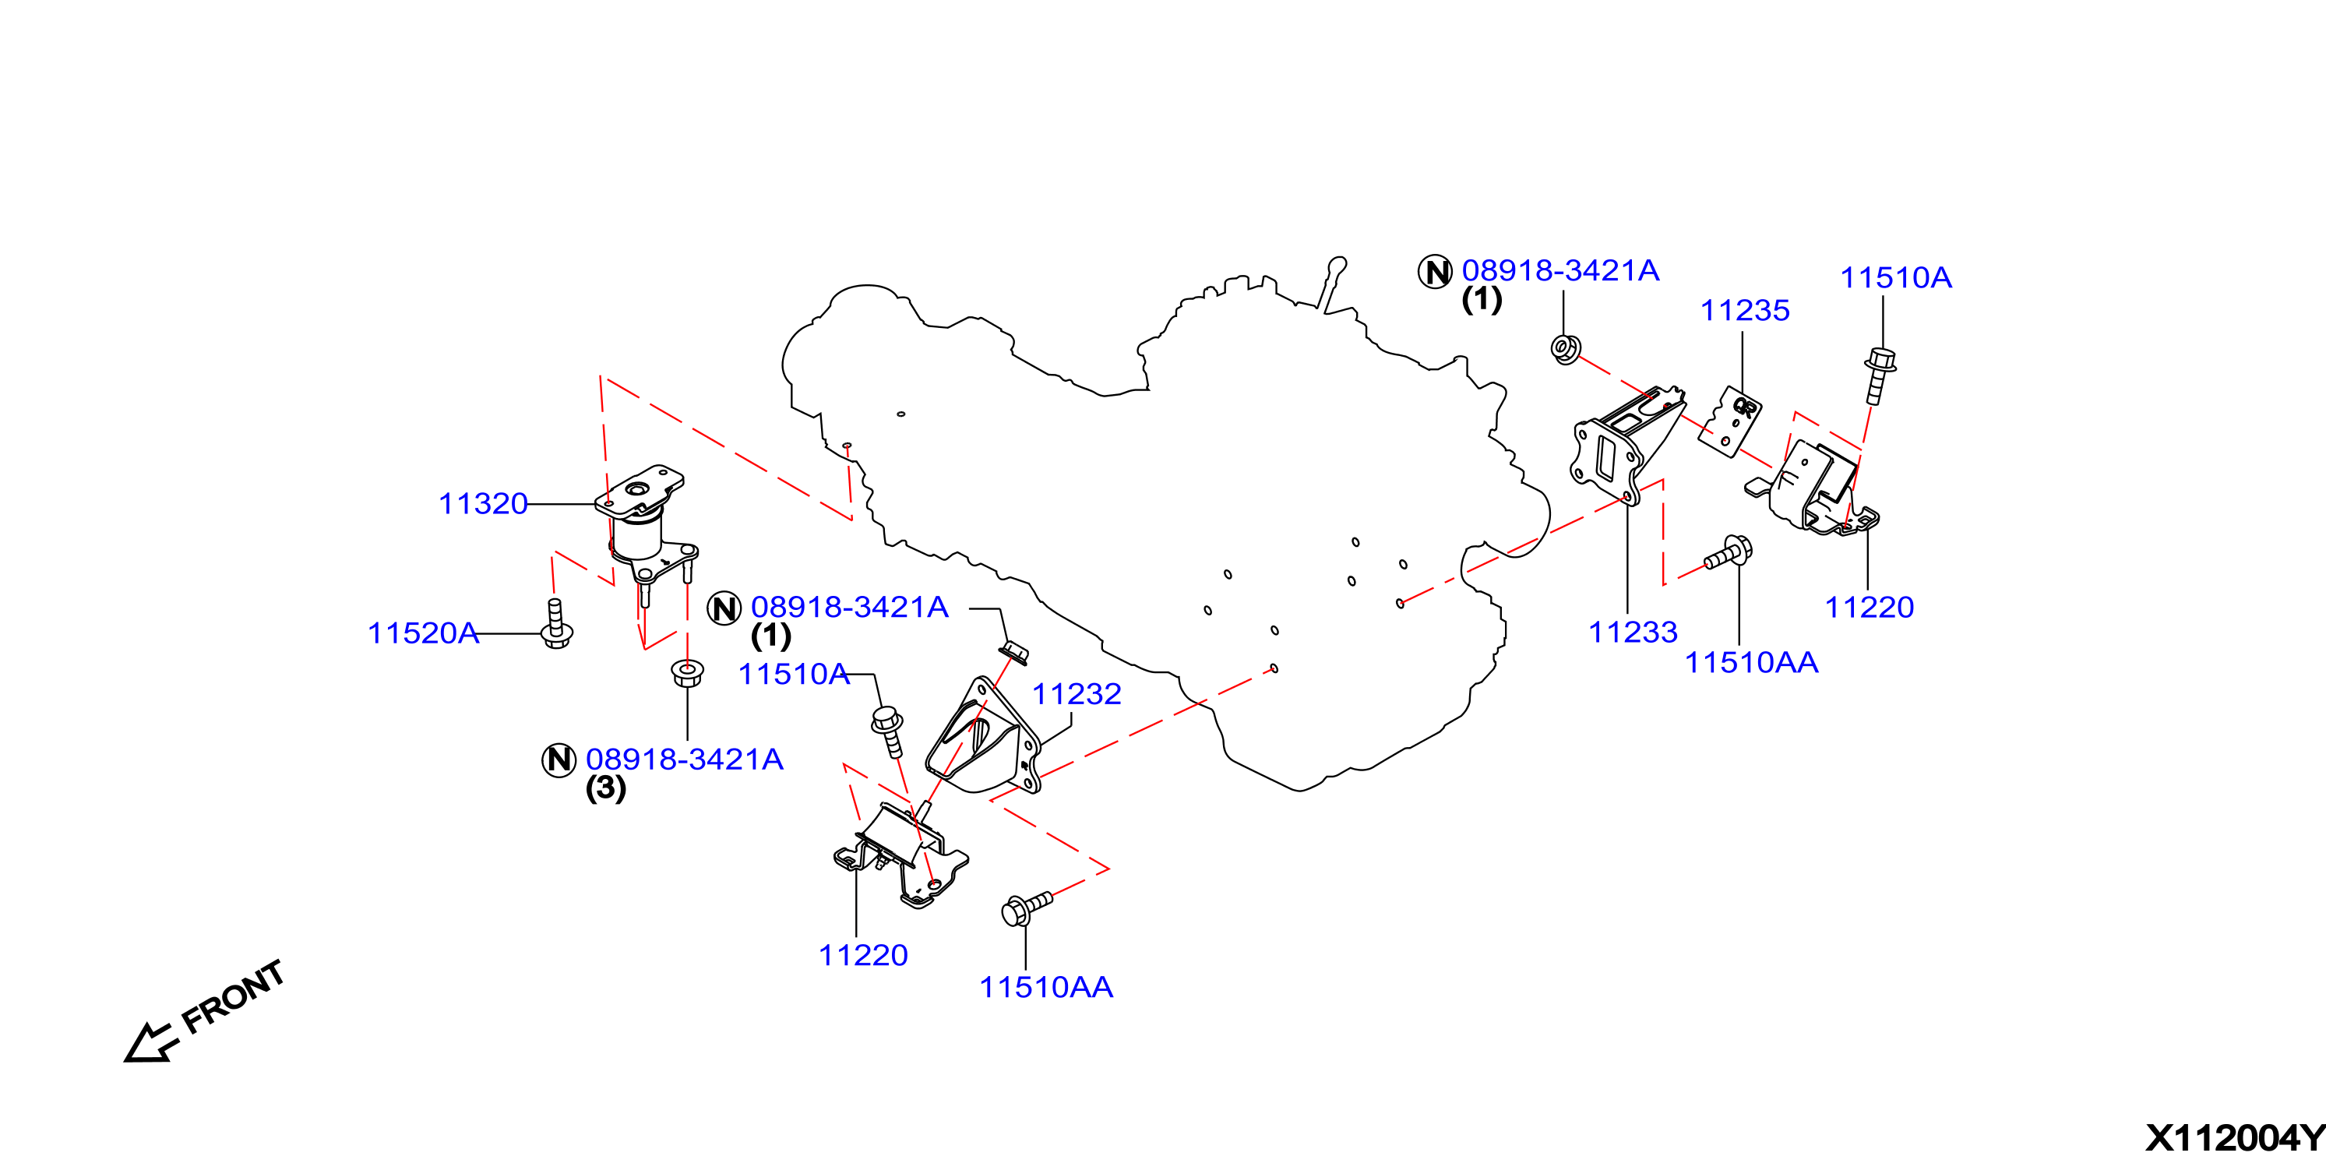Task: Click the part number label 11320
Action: [483, 504]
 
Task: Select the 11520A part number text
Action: [422, 633]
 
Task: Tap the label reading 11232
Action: [1077, 693]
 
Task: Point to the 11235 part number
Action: [1745, 311]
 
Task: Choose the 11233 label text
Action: [1633, 633]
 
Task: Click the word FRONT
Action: [233, 997]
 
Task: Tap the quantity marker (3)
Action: [606, 788]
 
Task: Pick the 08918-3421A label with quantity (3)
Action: [685, 760]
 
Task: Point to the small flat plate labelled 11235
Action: [1730, 421]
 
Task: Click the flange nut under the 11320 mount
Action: [687, 674]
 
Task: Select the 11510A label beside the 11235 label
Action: [1896, 278]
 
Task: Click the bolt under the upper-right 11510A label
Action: [1878, 375]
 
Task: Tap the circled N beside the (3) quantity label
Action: [559, 760]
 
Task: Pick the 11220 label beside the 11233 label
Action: [1869, 608]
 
